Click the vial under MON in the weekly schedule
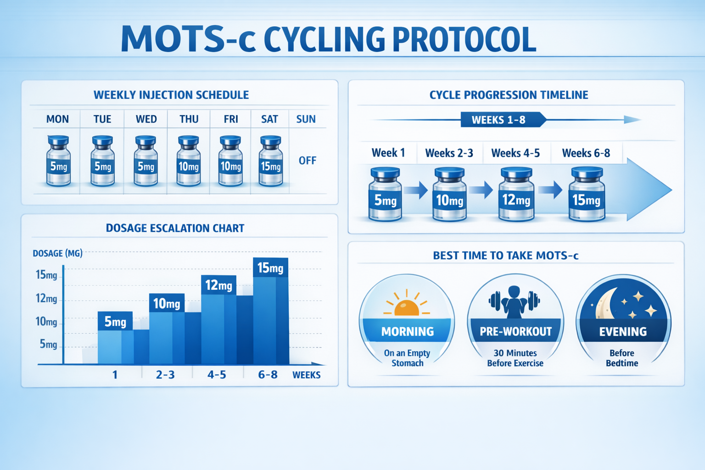[59, 162]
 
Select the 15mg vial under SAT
[271, 162]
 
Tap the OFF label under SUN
[308, 161]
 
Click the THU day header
[189, 119]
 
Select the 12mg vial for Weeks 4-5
[516, 195]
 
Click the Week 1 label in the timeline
[388, 153]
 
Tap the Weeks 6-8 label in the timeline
[586, 153]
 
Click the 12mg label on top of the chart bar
[218, 285]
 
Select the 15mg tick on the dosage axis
[46, 275]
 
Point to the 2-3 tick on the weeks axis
[165, 375]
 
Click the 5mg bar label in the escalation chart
[115, 322]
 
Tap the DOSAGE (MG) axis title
[58, 253]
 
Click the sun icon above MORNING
[407, 304]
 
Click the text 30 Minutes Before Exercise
[515, 358]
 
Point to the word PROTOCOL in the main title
[464, 39]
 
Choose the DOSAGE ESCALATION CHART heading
[175, 228]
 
